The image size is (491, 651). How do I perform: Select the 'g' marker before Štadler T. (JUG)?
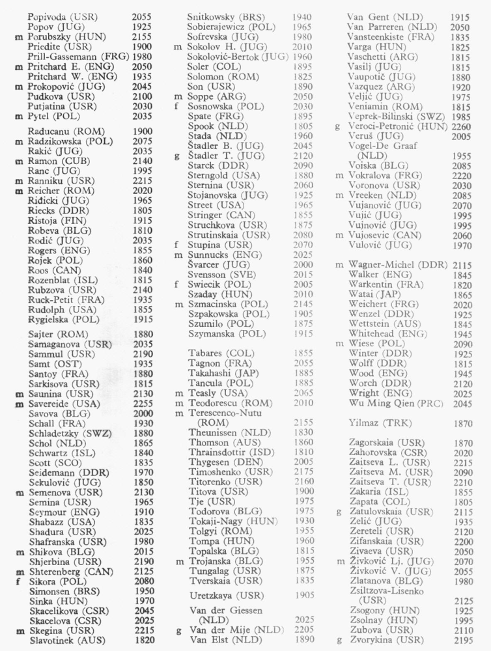point(177,156)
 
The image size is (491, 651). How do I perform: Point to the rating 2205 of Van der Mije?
point(304,630)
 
